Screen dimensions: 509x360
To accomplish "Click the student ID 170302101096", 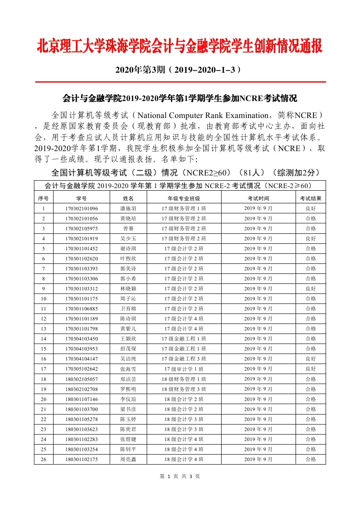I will [81, 209].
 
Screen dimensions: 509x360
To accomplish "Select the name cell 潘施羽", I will [128, 209].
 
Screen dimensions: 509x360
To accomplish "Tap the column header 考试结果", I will [310, 199].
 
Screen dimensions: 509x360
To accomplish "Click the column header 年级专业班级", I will [184, 199].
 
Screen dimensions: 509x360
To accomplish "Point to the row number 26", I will [43, 459].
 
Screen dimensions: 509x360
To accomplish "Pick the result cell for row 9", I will [310, 289].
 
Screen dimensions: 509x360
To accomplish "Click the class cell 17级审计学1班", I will [184, 369].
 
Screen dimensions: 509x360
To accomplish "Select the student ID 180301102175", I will [81, 459].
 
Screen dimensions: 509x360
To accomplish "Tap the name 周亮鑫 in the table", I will [128, 459].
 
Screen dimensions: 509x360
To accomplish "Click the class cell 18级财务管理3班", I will [184, 389].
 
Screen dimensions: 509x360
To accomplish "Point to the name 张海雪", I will [128, 369].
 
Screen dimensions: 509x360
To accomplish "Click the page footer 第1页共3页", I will [180, 476].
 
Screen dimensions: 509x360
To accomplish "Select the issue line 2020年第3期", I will [179, 70].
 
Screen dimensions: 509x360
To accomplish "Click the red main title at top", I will [180, 47].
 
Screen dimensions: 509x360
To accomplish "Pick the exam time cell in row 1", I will [258, 209].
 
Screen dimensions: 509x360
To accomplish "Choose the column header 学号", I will [81, 199].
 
